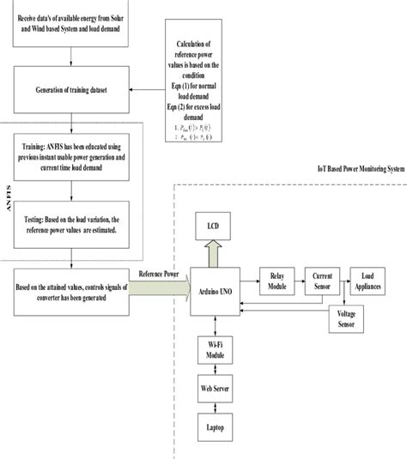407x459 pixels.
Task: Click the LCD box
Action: [x=213, y=226]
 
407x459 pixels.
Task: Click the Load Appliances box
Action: [x=371, y=281]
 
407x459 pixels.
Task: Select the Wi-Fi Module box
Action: [x=215, y=352]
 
